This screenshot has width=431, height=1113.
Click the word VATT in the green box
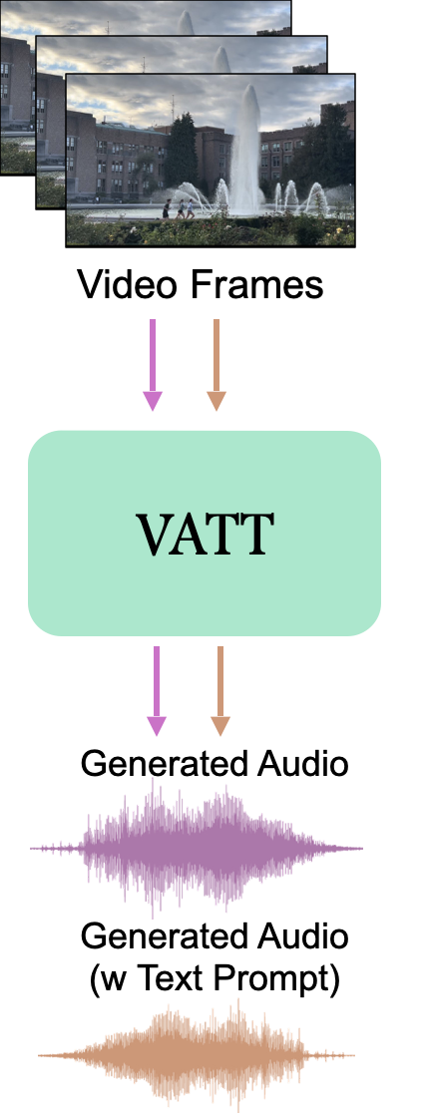click(x=205, y=533)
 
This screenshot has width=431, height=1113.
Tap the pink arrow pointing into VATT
click(x=152, y=365)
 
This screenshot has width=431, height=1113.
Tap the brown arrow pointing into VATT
click(x=216, y=365)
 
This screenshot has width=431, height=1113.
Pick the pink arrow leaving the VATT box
click(x=157, y=691)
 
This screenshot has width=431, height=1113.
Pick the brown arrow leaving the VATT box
click(x=220, y=691)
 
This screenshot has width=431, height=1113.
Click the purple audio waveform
click(x=197, y=848)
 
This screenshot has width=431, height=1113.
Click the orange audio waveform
click(x=197, y=1055)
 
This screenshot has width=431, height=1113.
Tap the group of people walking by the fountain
click(x=179, y=208)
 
